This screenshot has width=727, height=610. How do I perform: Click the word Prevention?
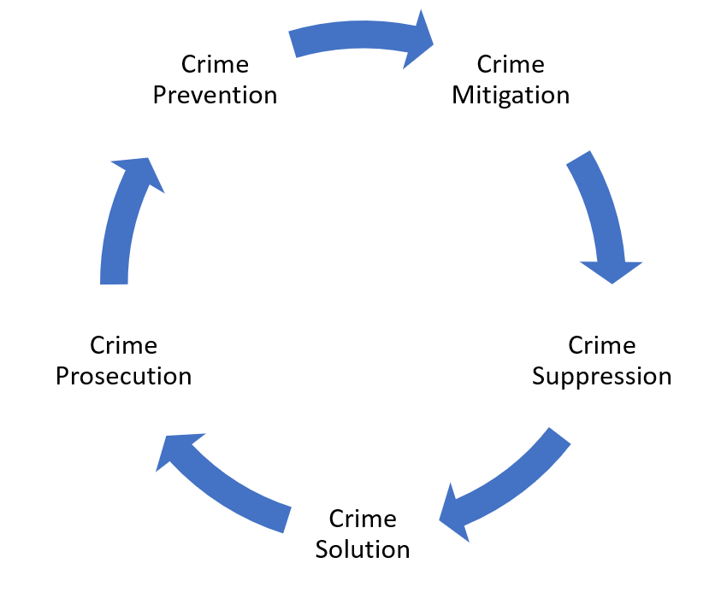coord(216,95)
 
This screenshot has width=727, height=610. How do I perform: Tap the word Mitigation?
coord(511,96)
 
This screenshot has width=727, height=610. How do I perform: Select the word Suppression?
coord(601,377)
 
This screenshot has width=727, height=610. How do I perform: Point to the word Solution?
coord(363,549)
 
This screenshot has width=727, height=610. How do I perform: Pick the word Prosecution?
coord(124,376)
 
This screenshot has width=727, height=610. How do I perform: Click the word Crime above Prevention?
coord(215,64)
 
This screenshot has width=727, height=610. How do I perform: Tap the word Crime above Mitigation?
coord(511,64)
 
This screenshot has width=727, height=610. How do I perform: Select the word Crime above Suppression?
coord(602,345)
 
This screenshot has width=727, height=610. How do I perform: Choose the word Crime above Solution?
coord(363,519)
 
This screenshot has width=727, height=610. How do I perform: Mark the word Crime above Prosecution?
coord(123,345)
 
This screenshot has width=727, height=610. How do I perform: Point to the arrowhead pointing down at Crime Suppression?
coord(612,272)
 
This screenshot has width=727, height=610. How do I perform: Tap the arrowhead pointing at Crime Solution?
coord(454,515)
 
